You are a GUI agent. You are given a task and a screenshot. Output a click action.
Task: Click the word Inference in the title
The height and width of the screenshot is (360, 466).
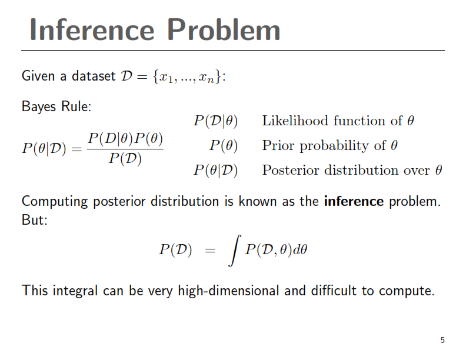click(x=91, y=29)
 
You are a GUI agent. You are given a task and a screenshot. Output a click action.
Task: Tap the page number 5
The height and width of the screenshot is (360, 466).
click(x=442, y=340)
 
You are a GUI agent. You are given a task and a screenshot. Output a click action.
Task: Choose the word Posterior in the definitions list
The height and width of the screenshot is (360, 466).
click(x=288, y=170)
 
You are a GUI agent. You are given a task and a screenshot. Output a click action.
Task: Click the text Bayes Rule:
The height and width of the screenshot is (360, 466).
click(x=56, y=107)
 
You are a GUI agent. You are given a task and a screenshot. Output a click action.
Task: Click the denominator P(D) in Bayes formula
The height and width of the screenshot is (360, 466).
click(x=125, y=159)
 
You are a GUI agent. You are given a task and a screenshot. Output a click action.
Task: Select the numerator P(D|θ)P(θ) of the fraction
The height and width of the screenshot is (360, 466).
click(x=125, y=139)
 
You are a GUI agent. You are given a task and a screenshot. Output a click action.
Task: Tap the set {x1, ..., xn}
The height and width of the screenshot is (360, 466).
click(x=188, y=76)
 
